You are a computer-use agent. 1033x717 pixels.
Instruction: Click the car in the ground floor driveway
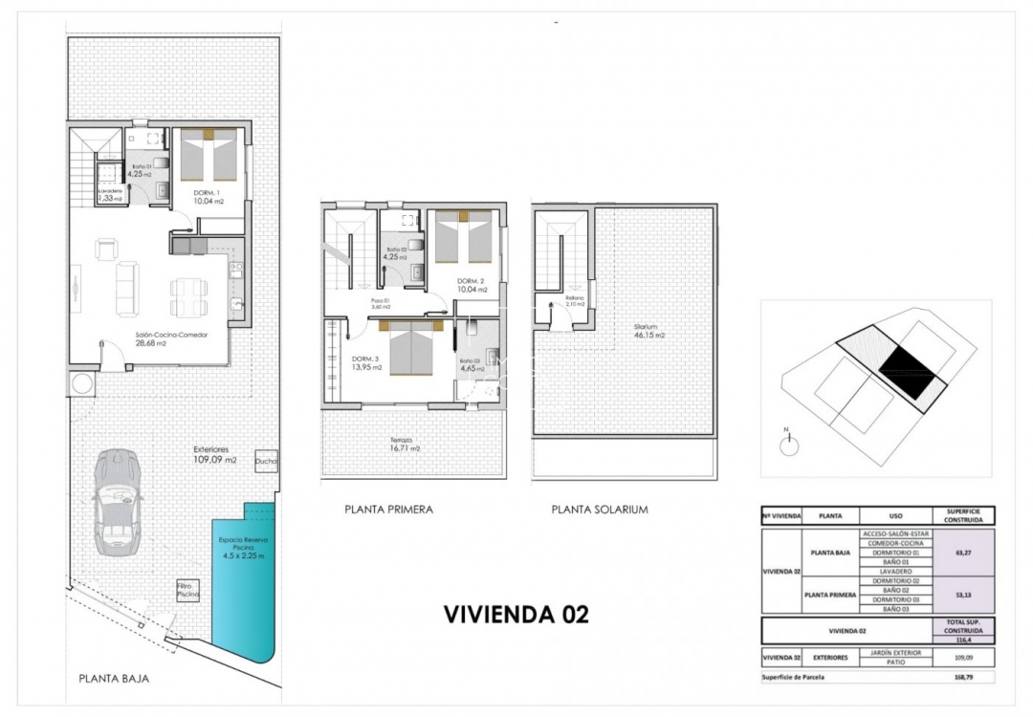pos(118,501)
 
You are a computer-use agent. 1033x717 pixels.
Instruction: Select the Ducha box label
pos(266,461)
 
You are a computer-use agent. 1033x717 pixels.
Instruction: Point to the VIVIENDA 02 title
pos(516,614)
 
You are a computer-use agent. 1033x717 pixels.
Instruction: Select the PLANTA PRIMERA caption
pos(388,510)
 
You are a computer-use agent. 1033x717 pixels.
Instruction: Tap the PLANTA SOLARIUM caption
pos(600,510)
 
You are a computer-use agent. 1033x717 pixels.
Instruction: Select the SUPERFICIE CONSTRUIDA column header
pos(965,515)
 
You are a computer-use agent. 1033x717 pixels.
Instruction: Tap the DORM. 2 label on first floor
pos(469,286)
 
